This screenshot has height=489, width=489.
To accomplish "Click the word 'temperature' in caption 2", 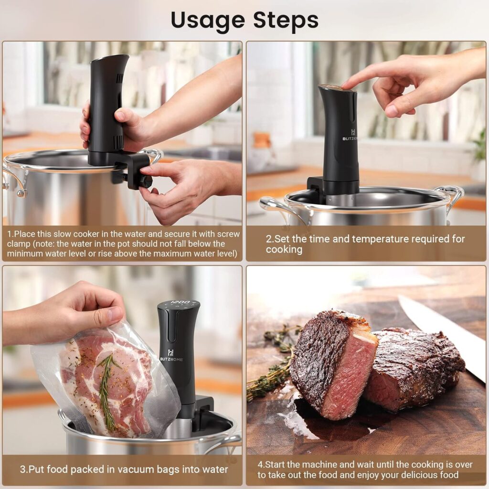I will (x=375, y=239).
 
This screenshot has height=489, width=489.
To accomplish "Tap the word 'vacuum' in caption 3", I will (x=135, y=469).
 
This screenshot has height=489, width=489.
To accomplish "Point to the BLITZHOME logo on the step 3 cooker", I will (x=171, y=359).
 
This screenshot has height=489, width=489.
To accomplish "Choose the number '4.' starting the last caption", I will (x=261, y=464).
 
